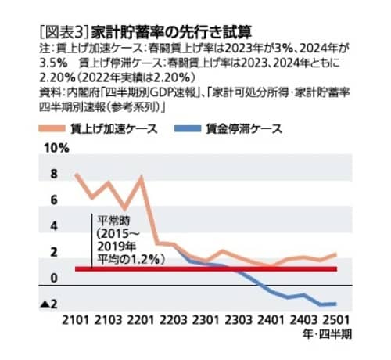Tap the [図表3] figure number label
[x=63, y=32]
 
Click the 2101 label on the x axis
[x=76, y=321]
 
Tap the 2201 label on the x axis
[x=141, y=321]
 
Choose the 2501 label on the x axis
[x=336, y=321]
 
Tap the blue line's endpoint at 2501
[x=336, y=304]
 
